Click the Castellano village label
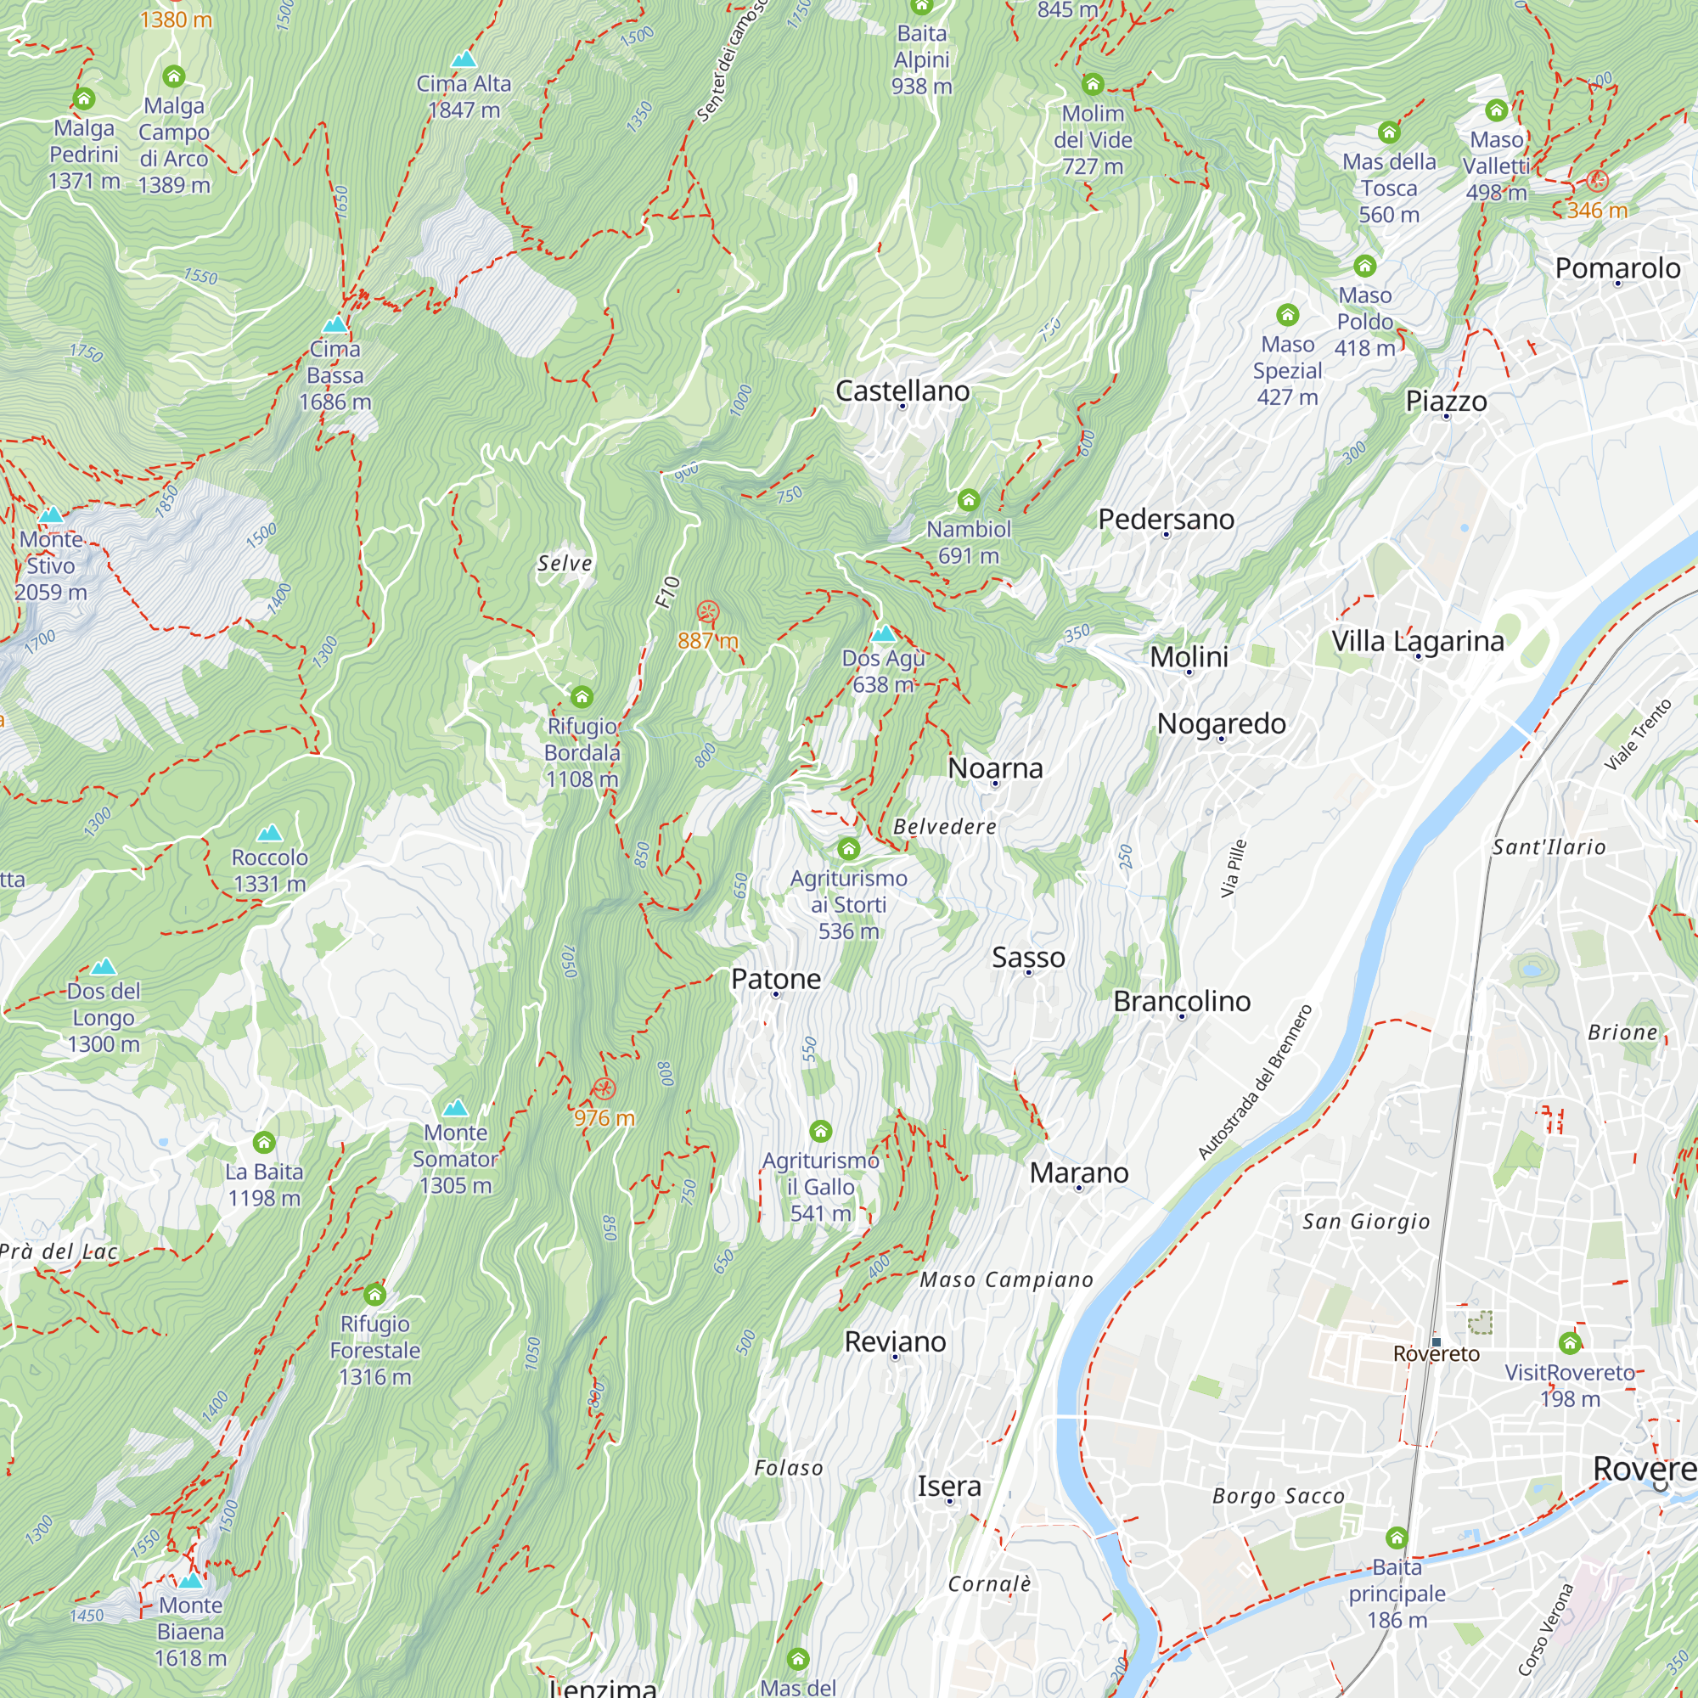pyautogui.click(x=902, y=391)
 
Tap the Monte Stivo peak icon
pyautogui.click(x=51, y=514)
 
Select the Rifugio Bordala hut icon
pyautogui.click(x=582, y=698)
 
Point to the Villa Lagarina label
pyautogui.click(x=1417, y=641)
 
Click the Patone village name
pyautogui.click(x=775, y=978)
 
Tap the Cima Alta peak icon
pyautogui.click(x=464, y=59)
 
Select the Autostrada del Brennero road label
pyautogui.click(x=1254, y=1082)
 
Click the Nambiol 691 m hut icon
pyautogui.click(x=969, y=500)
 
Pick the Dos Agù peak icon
pyautogui.click(x=883, y=633)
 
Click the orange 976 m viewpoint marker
pyautogui.click(x=603, y=1089)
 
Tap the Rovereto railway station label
pyautogui.click(x=1437, y=1353)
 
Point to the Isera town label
pyautogui.click(x=948, y=1487)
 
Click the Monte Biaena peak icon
pyautogui.click(x=191, y=1579)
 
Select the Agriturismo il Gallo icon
pyautogui.click(x=820, y=1131)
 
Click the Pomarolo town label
pyautogui.click(x=1617, y=268)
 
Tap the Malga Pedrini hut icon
pyautogui.click(x=84, y=98)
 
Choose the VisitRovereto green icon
pyautogui.click(x=1570, y=1343)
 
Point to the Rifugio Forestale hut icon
pyautogui.click(x=375, y=1295)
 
